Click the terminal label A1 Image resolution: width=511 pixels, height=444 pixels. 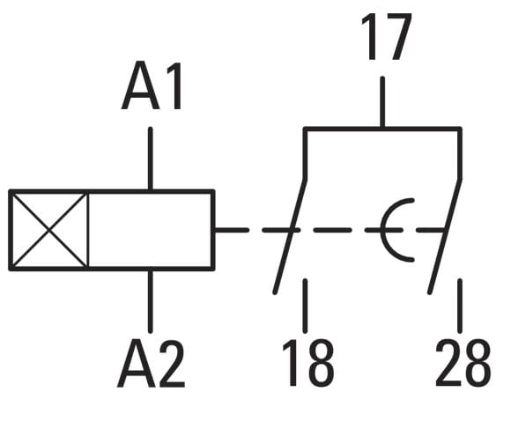click(x=152, y=85)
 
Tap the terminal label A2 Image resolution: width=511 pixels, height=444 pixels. click(x=151, y=363)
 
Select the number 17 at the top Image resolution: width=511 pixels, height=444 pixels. click(x=387, y=36)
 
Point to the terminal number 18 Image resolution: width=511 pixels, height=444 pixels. click(x=308, y=363)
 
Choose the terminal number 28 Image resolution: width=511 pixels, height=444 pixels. click(x=463, y=363)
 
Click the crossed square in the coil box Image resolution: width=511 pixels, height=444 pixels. click(x=48, y=230)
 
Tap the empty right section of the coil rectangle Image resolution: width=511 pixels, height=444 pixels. click(x=150, y=230)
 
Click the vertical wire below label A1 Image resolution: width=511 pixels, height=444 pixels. click(x=151, y=159)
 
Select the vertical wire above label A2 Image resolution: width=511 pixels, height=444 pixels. click(x=151, y=301)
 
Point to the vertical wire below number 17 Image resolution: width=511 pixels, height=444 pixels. click(x=382, y=101)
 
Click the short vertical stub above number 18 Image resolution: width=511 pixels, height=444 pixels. click(x=305, y=306)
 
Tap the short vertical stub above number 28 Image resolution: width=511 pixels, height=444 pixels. click(x=460, y=306)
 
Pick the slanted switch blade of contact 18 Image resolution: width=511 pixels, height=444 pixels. click(x=290, y=236)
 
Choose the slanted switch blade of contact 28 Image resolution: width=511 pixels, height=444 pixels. click(x=445, y=236)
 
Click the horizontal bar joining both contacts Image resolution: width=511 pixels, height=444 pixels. click(x=382, y=129)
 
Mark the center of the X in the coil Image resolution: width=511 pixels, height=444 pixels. click(x=48, y=230)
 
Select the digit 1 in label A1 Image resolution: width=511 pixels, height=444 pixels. click(x=174, y=85)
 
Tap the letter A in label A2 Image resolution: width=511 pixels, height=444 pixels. click(x=136, y=363)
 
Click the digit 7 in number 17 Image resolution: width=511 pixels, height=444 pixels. click(x=397, y=37)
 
